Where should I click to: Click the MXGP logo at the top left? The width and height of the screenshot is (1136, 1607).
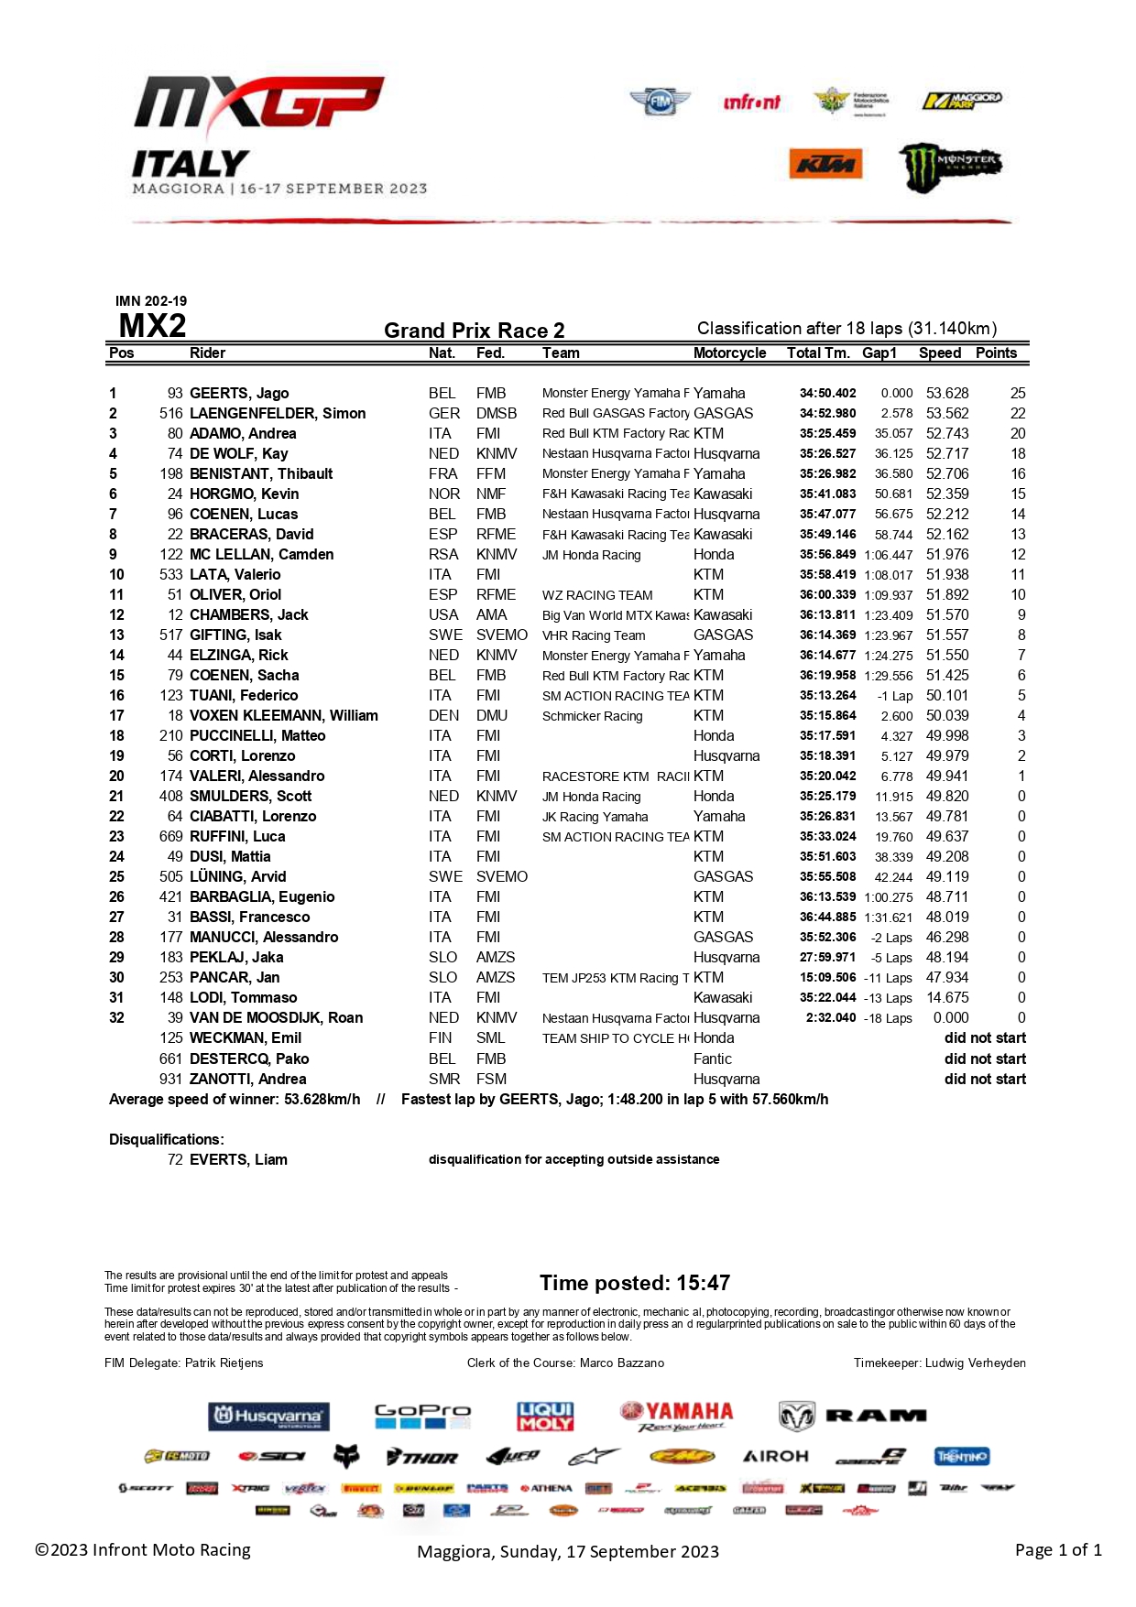259,103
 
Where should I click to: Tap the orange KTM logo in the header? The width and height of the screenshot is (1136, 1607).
825,165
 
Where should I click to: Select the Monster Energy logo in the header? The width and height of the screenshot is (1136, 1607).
949,167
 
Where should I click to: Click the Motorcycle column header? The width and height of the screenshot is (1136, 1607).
729,353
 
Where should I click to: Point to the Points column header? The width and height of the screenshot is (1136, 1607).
996,353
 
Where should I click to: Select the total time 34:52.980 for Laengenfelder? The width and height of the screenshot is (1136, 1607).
827,414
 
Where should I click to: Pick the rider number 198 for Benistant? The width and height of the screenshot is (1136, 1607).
171,474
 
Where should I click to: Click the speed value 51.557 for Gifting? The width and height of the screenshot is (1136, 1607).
947,635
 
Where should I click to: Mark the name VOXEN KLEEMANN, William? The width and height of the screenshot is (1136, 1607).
284,716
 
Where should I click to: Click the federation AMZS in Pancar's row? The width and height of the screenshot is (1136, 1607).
496,978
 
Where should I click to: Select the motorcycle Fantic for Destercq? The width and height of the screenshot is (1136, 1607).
713,1059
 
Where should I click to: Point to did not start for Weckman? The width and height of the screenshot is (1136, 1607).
985,1038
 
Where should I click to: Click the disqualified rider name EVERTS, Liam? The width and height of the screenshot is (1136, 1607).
238,1160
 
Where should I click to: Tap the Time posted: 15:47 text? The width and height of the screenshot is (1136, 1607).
635,1283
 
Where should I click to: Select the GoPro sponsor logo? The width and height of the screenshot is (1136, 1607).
422,1416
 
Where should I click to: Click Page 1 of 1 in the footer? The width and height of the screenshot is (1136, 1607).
1058,1550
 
